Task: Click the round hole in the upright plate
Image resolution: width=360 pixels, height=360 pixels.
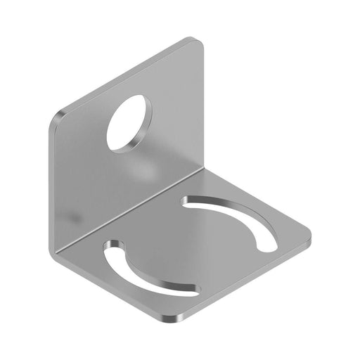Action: [x=129, y=122]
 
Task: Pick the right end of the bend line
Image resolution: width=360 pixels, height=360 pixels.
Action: [x=203, y=169]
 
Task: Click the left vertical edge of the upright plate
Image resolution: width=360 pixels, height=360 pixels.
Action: [x=53, y=183]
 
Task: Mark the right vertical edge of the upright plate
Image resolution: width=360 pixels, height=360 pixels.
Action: [x=203, y=105]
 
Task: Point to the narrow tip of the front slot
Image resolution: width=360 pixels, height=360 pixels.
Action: [x=193, y=290]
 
